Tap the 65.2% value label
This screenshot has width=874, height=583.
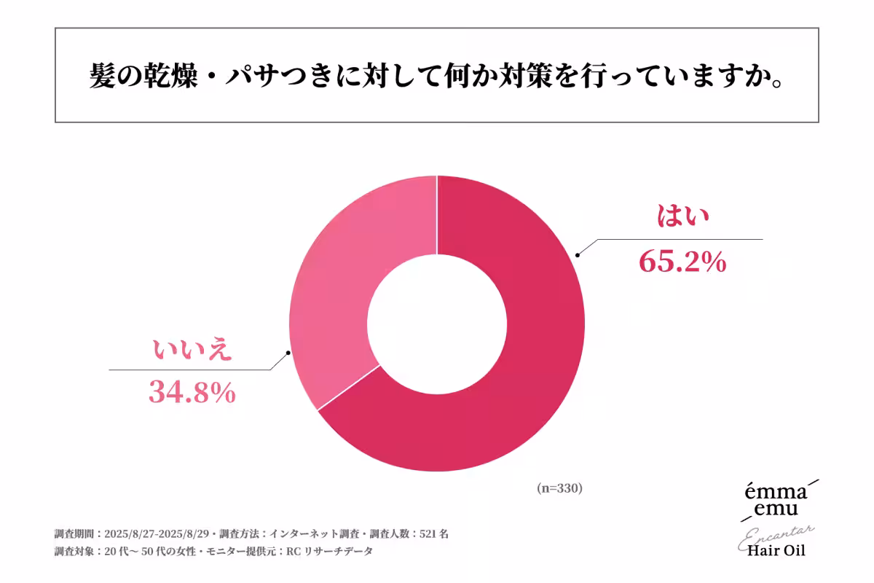682,261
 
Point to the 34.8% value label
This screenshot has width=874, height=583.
192,393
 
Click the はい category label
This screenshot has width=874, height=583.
683,216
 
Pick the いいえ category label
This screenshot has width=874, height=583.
192,351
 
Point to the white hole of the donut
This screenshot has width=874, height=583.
437,323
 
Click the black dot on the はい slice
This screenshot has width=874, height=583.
578,255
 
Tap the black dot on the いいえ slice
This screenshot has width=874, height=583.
289,353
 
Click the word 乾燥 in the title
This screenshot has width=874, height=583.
162,75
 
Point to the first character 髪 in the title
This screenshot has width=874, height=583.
103,75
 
